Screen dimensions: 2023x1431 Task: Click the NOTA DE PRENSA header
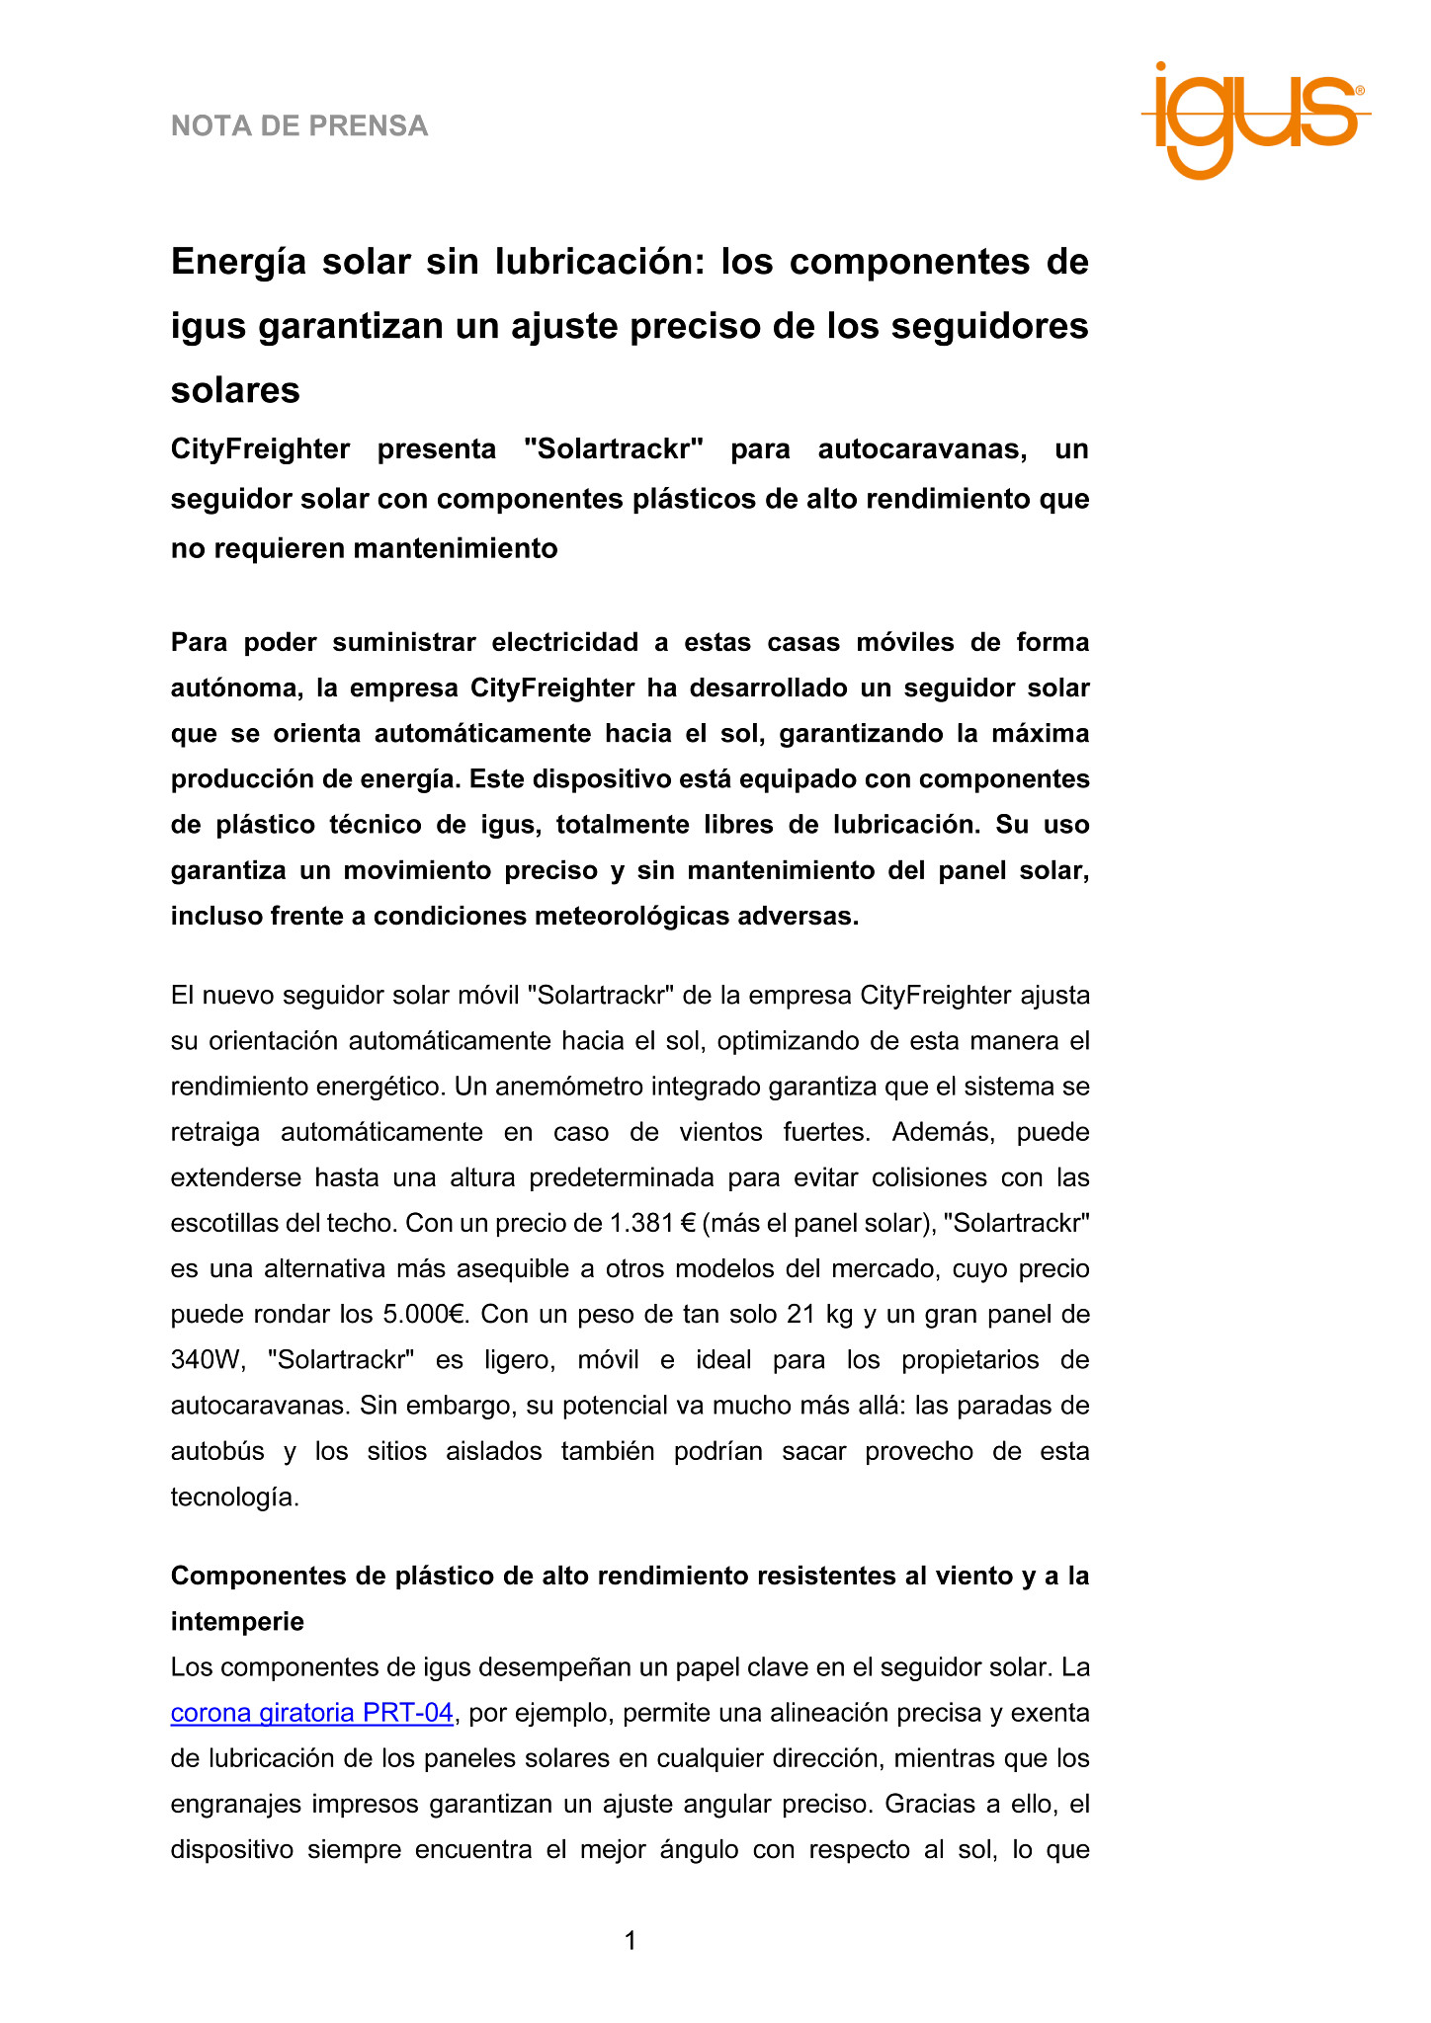click(x=299, y=126)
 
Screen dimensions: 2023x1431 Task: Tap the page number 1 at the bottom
click(x=631, y=1941)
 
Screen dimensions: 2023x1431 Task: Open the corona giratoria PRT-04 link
click(x=311, y=1712)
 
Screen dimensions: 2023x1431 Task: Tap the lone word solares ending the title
click(x=235, y=390)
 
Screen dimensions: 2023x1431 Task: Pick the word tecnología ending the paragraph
click(x=234, y=1497)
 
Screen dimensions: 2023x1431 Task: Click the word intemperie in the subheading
click(x=237, y=1621)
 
